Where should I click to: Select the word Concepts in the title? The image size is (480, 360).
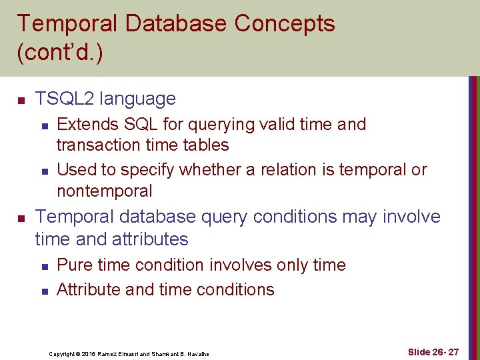[x=285, y=24]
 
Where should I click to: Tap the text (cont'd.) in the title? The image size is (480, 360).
[x=60, y=53]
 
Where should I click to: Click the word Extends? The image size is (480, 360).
[x=84, y=125]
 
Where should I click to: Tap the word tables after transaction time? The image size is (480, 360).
[x=205, y=145]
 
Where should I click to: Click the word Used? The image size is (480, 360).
[x=75, y=170]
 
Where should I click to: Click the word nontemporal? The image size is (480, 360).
[x=105, y=191]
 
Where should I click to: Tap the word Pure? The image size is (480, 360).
[x=75, y=265]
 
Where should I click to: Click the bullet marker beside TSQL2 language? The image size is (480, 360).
[x=21, y=101]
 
